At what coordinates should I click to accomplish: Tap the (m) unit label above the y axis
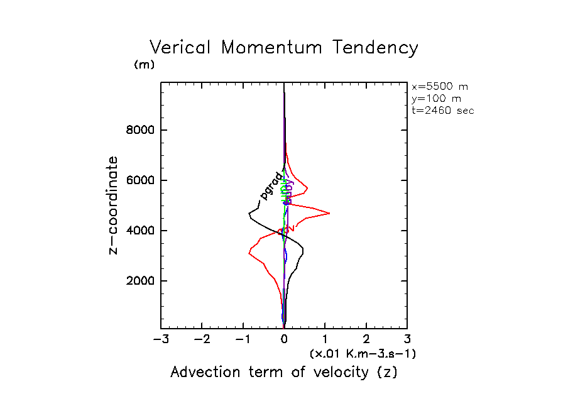[144, 65]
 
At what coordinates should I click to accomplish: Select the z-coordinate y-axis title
[114, 205]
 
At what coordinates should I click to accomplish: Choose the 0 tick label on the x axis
[284, 340]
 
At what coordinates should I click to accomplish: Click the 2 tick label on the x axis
[366, 340]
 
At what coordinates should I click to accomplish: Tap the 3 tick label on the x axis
[407, 340]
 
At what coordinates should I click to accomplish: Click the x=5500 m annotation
[439, 87]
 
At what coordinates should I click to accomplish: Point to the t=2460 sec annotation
[442, 111]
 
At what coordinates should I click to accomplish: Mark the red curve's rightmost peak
[329, 214]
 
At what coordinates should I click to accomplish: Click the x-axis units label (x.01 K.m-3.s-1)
[363, 354]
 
